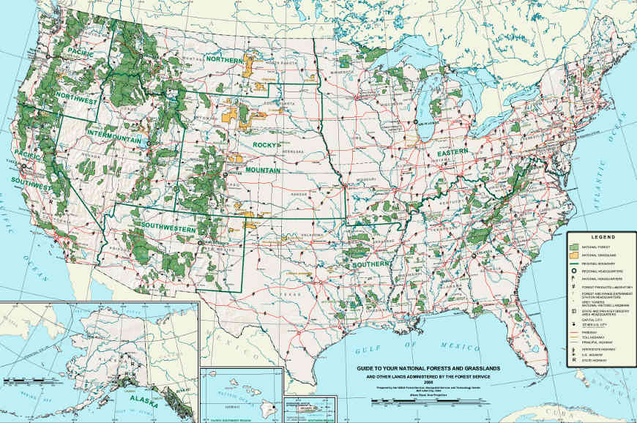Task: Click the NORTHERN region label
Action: point(223,58)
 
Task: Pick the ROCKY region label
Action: point(267,145)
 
